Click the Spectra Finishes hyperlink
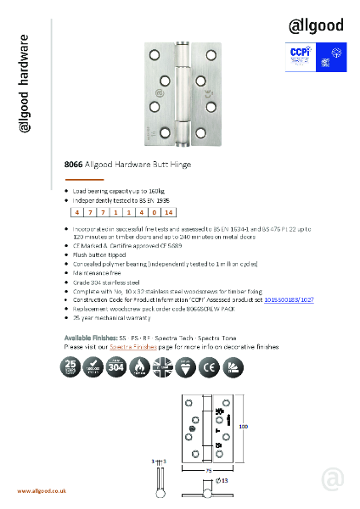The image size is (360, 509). tap(130, 371)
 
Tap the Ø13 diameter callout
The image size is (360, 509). tap(223, 492)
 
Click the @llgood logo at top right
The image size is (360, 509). tap(315, 25)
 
